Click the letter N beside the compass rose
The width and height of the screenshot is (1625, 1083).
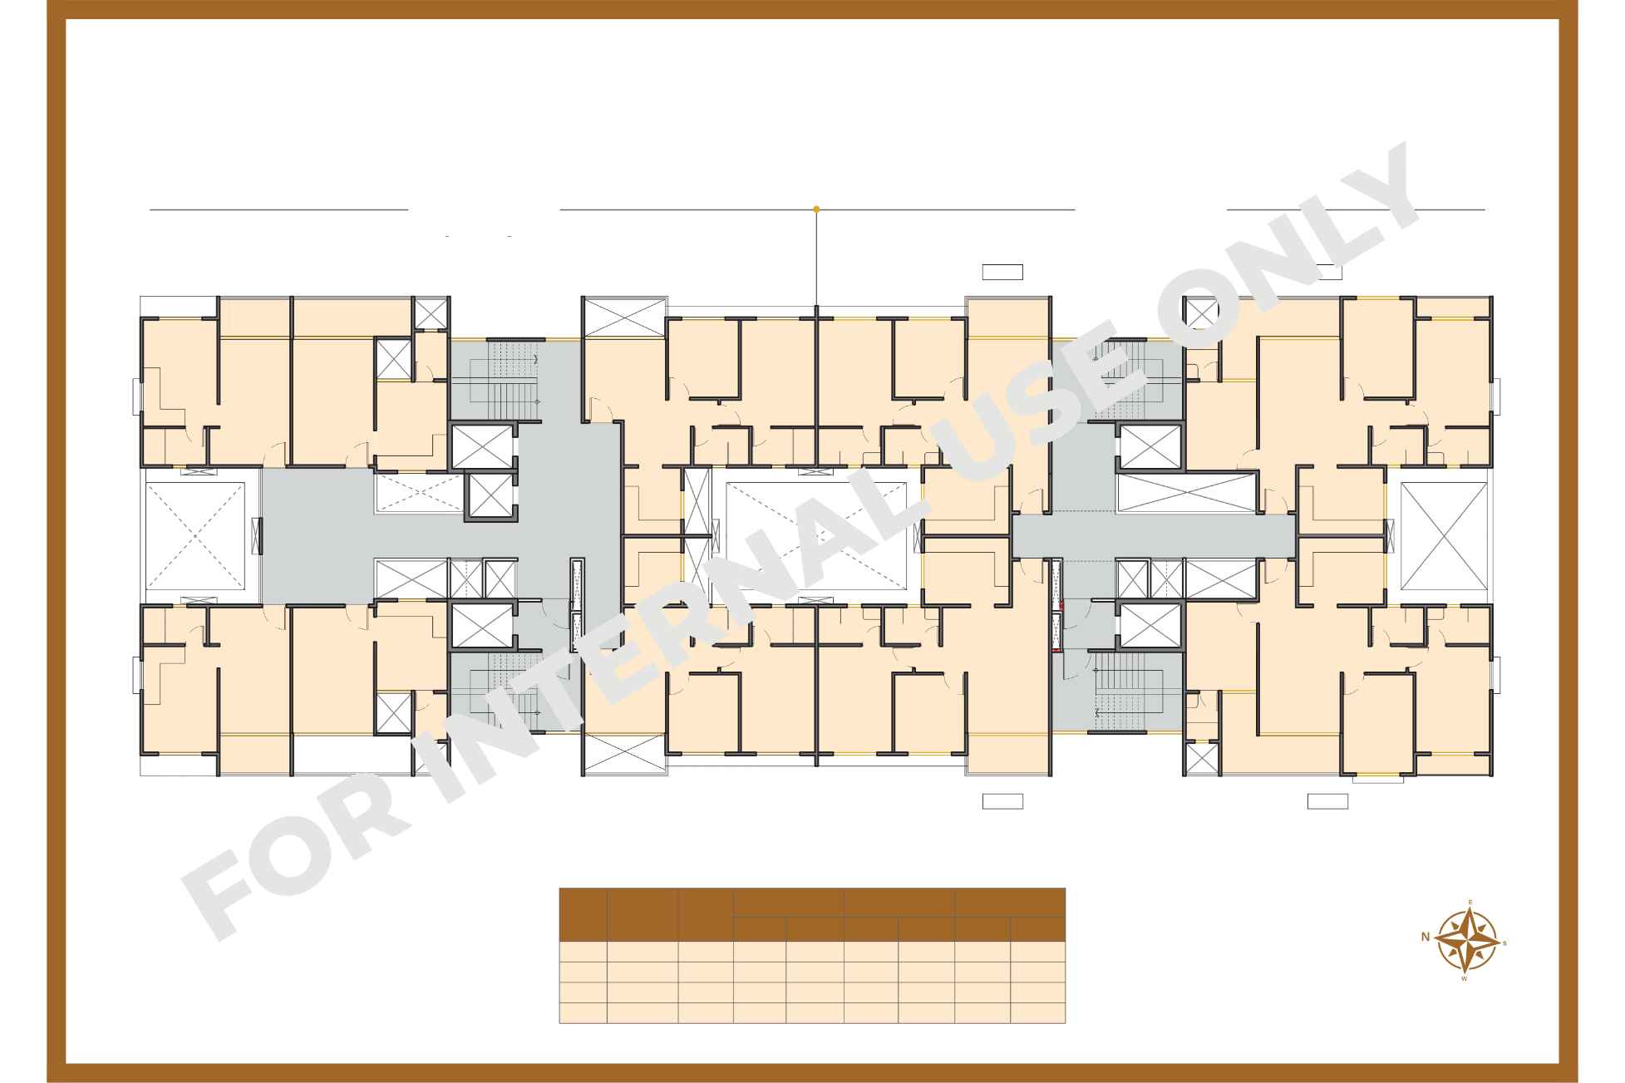click(1425, 937)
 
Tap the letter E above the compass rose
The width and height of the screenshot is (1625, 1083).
click(1470, 903)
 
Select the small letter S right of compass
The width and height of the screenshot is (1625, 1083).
click(1504, 943)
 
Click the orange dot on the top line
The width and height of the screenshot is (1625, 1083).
click(816, 209)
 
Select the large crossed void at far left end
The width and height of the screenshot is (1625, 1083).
click(195, 535)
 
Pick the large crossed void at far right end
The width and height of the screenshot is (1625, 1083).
click(1444, 536)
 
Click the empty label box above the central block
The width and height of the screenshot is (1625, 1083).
click(1002, 272)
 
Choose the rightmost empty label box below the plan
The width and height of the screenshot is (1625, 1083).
click(1327, 801)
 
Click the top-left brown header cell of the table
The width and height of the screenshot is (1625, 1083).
click(582, 914)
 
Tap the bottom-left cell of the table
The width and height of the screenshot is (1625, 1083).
click(582, 1013)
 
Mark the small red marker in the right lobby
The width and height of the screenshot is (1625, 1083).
click(1063, 606)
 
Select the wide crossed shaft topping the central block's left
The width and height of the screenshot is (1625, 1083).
click(624, 318)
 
